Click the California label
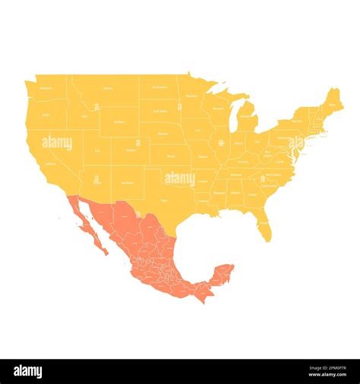click(x=50, y=163)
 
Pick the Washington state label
click(x=46, y=88)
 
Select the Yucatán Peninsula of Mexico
click(x=223, y=274)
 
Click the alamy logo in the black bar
click(x=28, y=372)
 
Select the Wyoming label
click(x=119, y=121)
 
